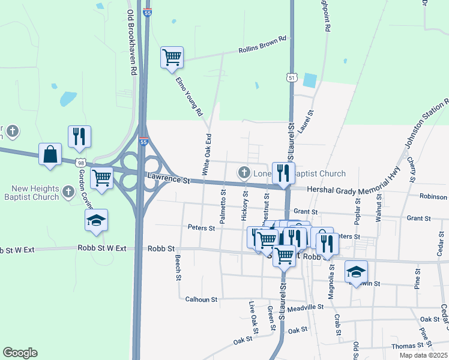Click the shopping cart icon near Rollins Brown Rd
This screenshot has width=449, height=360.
pyautogui.click(x=172, y=58)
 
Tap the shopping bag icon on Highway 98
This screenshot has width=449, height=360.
pyautogui.click(x=50, y=154)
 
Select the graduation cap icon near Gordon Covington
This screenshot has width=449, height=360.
pyautogui.click(x=96, y=220)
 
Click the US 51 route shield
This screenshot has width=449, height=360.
pyautogui.click(x=291, y=78)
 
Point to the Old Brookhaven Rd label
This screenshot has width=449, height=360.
pyautogui.click(x=131, y=42)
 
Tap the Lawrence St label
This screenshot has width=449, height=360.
pyautogui.click(x=169, y=180)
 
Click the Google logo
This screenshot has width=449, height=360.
pyautogui.click(x=20, y=353)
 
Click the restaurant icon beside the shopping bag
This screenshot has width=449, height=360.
pyautogui.click(x=79, y=137)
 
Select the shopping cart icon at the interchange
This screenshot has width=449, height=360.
pyautogui.click(x=102, y=178)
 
